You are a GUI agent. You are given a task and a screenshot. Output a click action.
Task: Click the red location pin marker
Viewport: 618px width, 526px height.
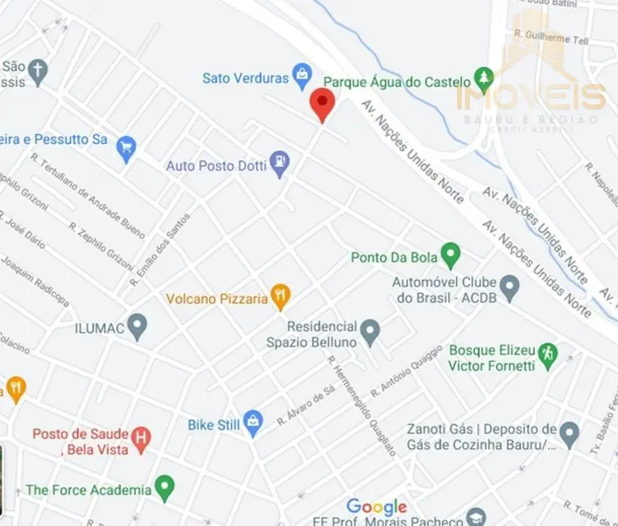click(x=323, y=104)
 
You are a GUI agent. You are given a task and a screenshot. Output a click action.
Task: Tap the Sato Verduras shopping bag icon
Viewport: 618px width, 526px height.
click(x=303, y=77)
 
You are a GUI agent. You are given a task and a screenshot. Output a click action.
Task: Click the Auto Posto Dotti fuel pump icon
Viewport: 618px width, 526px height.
click(x=279, y=163)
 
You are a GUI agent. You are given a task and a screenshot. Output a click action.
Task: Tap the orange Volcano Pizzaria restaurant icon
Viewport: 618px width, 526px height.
click(x=280, y=297)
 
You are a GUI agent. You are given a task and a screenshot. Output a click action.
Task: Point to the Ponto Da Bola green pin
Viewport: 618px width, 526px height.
click(x=451, y=257)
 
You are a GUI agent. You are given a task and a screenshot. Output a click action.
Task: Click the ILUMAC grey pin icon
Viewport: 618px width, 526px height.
click(x=138, y=326)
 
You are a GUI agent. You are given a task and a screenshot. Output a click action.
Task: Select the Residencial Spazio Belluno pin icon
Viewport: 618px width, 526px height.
click(x=370, y=331)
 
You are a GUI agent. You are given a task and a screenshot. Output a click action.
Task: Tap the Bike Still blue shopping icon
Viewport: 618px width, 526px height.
click(x=253, y=422)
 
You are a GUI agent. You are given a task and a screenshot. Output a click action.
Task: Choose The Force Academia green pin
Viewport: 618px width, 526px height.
click(x=165, y=488)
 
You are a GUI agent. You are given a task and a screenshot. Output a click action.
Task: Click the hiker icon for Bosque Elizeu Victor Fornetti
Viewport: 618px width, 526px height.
click(x=548, y=355)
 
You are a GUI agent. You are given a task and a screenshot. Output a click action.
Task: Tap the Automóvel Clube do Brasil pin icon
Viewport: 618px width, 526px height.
click(x=509, y=286)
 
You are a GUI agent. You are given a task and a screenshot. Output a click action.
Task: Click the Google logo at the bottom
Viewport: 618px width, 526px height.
click(x=376, y=507)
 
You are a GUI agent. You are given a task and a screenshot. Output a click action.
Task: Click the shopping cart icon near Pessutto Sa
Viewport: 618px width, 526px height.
click(x=125, y=148)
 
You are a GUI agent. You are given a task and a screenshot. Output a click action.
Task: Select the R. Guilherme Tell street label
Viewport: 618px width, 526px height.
click(x=552, y=37)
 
